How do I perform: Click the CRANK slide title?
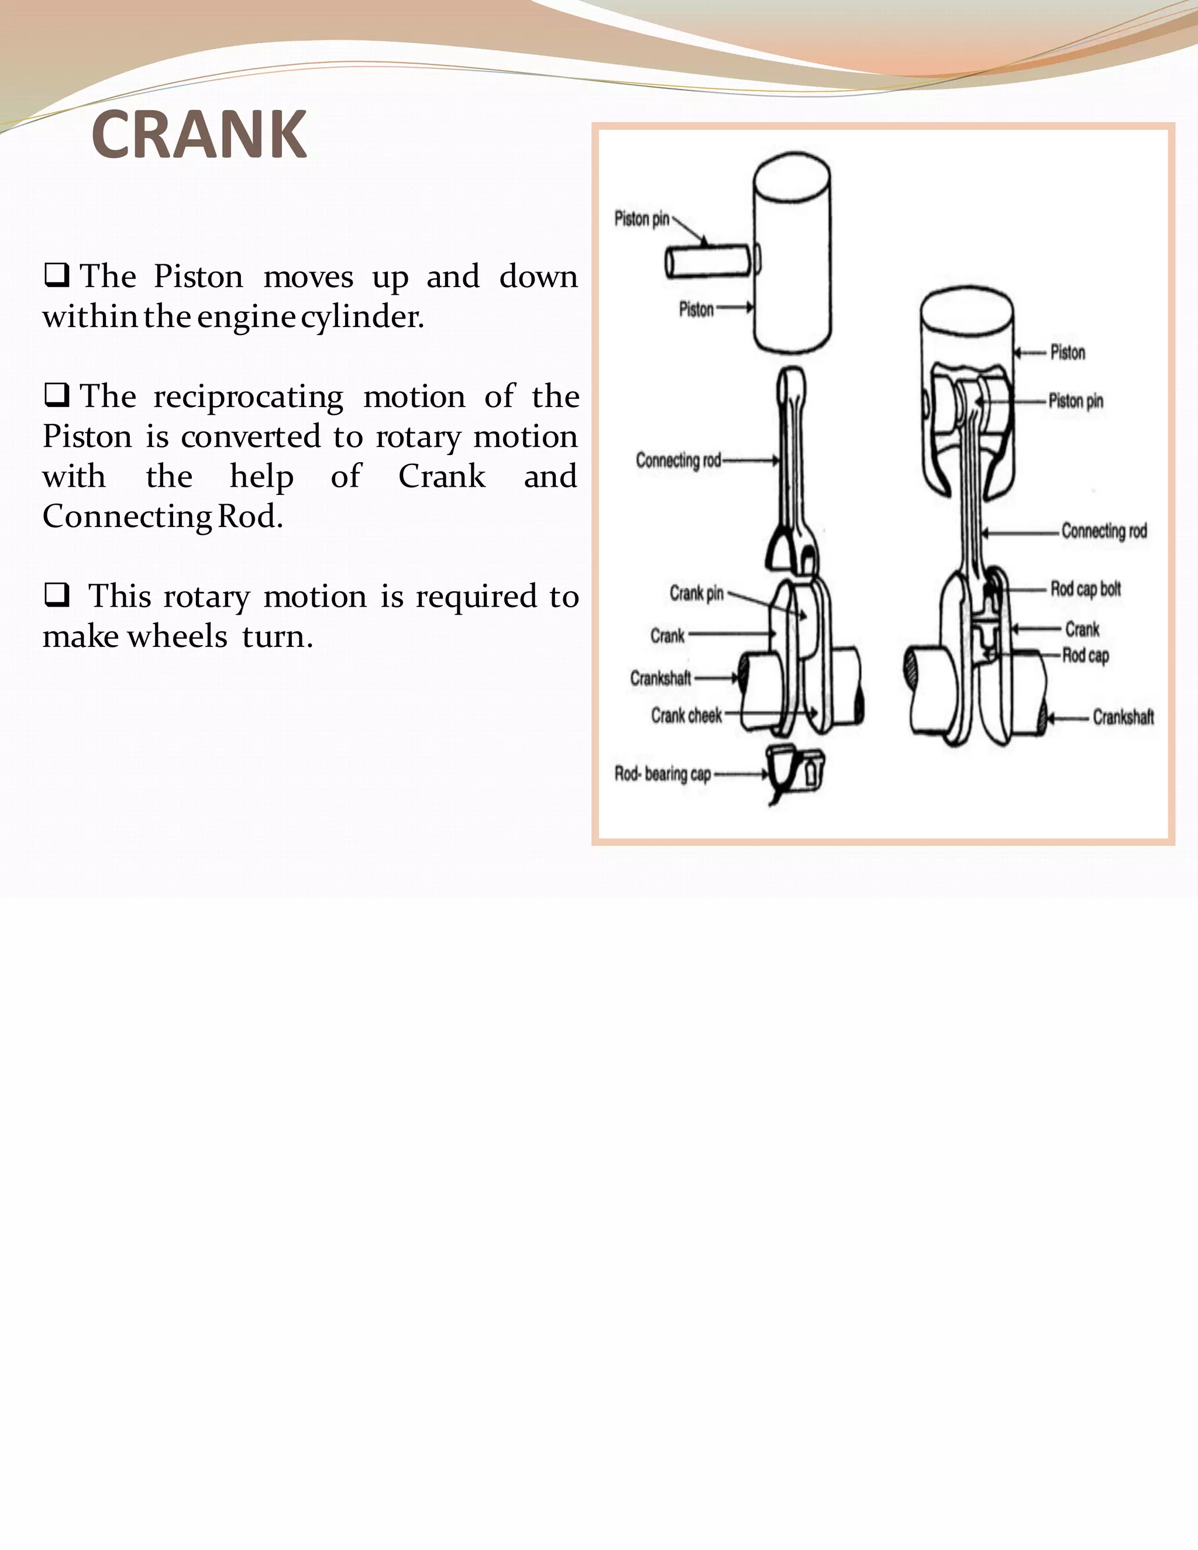click(199, 135)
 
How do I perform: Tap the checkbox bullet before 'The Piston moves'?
click(56, 275)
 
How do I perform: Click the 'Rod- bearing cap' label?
click(662, 774)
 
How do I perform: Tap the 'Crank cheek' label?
click(686, 715)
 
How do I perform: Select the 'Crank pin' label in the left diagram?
click(696, 593)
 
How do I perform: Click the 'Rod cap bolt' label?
click(1085, 589)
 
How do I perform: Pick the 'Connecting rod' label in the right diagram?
click(1104, 531)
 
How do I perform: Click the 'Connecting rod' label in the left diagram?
click(678, 460)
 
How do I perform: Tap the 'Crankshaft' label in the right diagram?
click(1123, 718)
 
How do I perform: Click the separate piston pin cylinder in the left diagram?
click(708, 262)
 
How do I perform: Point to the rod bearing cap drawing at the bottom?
click(795, 770)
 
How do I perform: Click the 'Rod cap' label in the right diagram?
click(1085, 656)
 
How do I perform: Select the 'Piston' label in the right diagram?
click(1068, 353)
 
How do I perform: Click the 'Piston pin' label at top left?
click(642, 219)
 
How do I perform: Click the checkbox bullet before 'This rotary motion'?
click(56, 595)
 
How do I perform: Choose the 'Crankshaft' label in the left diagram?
click(660, 678)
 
